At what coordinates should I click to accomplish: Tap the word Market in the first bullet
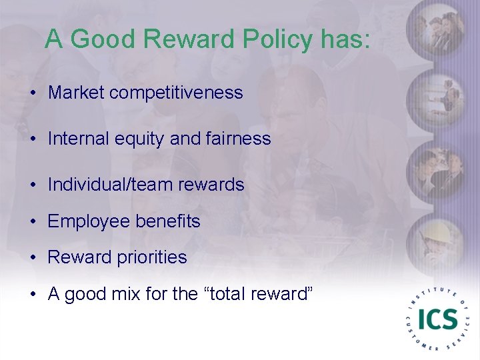tap(76, 92)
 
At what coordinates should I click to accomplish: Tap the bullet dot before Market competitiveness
tap(33, 93)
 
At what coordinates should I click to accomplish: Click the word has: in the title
tap(344, 40)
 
